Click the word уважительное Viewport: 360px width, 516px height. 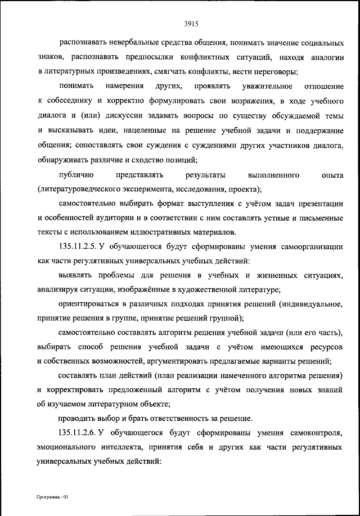(266, 87)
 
